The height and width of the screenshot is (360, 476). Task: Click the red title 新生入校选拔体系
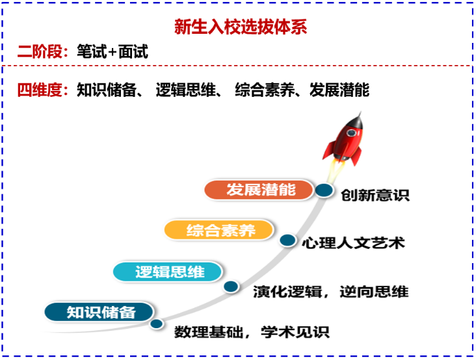point(241,27)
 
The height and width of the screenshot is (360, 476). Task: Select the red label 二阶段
point(40,51)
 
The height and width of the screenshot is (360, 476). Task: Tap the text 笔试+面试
point(112,51)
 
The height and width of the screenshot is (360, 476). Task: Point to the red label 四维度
point(40,90)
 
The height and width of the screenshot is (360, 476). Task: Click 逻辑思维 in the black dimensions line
point(185,90)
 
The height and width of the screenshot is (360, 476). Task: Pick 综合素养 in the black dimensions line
point(265,90)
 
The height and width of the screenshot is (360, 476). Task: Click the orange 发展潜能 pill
point(259,190)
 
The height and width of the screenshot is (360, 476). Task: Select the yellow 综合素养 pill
point(219,230)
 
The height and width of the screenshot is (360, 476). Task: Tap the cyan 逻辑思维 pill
point(168,272)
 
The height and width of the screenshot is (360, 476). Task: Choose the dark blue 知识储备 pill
point(99,313)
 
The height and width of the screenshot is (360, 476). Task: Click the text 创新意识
point(375,195)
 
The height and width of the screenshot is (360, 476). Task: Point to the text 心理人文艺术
point(353,243)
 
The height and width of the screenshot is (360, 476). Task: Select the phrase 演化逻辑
point(287,292)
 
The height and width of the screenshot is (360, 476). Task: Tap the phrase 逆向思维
point(374,292)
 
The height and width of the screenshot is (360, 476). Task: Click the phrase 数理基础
point(209,332)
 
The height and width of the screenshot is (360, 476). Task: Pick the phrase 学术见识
point(295,332)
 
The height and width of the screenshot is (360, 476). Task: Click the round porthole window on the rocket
point(351,133)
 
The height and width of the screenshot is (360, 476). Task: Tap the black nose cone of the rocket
point(357,120)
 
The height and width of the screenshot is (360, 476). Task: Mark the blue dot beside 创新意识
point(324,190)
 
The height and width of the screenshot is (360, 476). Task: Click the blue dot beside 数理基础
point(157,324)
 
